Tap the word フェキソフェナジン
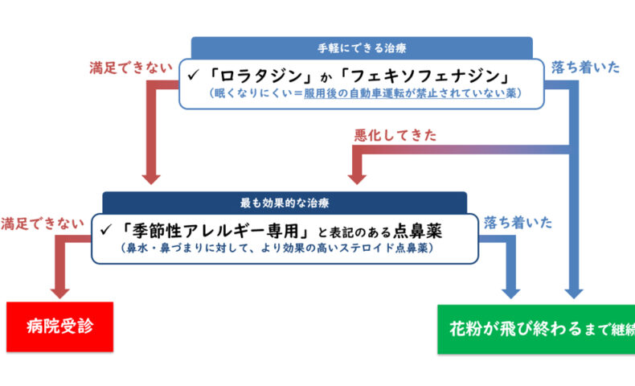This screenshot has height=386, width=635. pyautogui.click(x=423, y=76)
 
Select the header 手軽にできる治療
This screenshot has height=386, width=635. pyautogui.click(x=362, y=47)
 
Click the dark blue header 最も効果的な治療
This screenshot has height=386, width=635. pyautogui.click(x=285, y=202)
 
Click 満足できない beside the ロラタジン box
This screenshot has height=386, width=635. pyautogui.click(x=132, y=68)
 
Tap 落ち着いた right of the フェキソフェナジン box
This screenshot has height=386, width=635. pyautogui.click(x=585, y=68)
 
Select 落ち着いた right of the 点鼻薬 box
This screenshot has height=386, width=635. pyautogui.click(x=516, y=223)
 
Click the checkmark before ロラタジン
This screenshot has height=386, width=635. pyautogui.click(x=194, y=77)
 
